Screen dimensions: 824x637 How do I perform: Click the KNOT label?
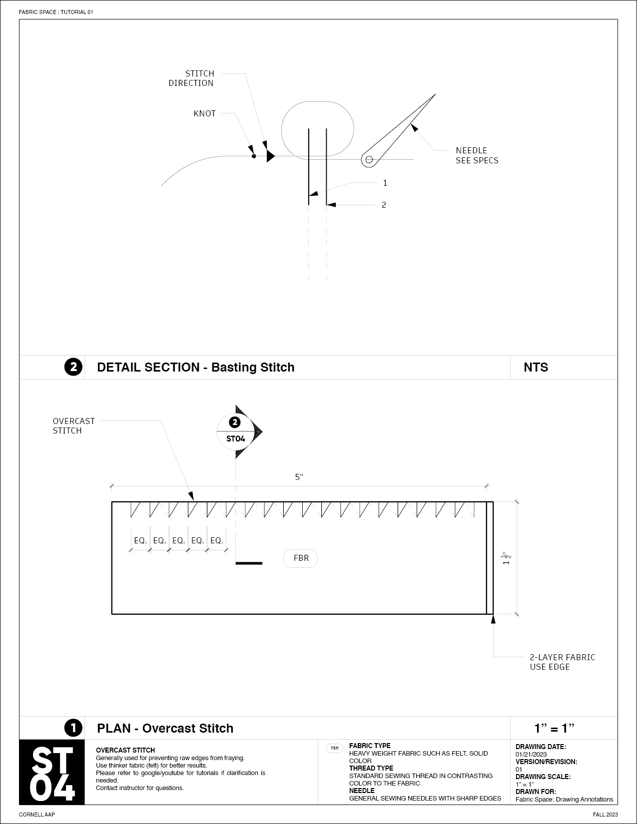point(204,113)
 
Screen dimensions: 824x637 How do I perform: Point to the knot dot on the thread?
point(254,156)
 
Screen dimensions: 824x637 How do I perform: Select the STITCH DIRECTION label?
point(191,78)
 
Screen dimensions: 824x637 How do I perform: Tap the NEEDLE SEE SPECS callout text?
point(477,155)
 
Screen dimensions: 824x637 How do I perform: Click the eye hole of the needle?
point(369,160)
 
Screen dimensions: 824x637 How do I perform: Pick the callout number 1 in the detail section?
point(385,183)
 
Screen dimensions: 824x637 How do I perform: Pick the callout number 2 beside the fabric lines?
point(384,205)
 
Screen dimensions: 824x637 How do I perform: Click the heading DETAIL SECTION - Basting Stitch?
point(195,368)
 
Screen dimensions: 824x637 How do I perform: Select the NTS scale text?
point(536,368)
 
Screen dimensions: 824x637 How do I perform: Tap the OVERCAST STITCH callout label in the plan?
point(73,426)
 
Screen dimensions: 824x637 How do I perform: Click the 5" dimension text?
point(299,477)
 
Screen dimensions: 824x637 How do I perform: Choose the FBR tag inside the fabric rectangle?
point(301,558)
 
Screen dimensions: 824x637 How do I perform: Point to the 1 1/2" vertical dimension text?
point(507,558)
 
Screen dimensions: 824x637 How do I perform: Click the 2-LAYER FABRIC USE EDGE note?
point(562,662)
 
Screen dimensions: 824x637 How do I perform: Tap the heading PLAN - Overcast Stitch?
point(165,729)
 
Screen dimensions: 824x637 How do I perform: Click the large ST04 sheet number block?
point(52,772)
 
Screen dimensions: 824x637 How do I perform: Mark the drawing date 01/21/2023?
point(531,755)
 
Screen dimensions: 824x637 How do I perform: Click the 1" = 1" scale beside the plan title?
point(554,729)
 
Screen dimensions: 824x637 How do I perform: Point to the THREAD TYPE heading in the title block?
point(371,769)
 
